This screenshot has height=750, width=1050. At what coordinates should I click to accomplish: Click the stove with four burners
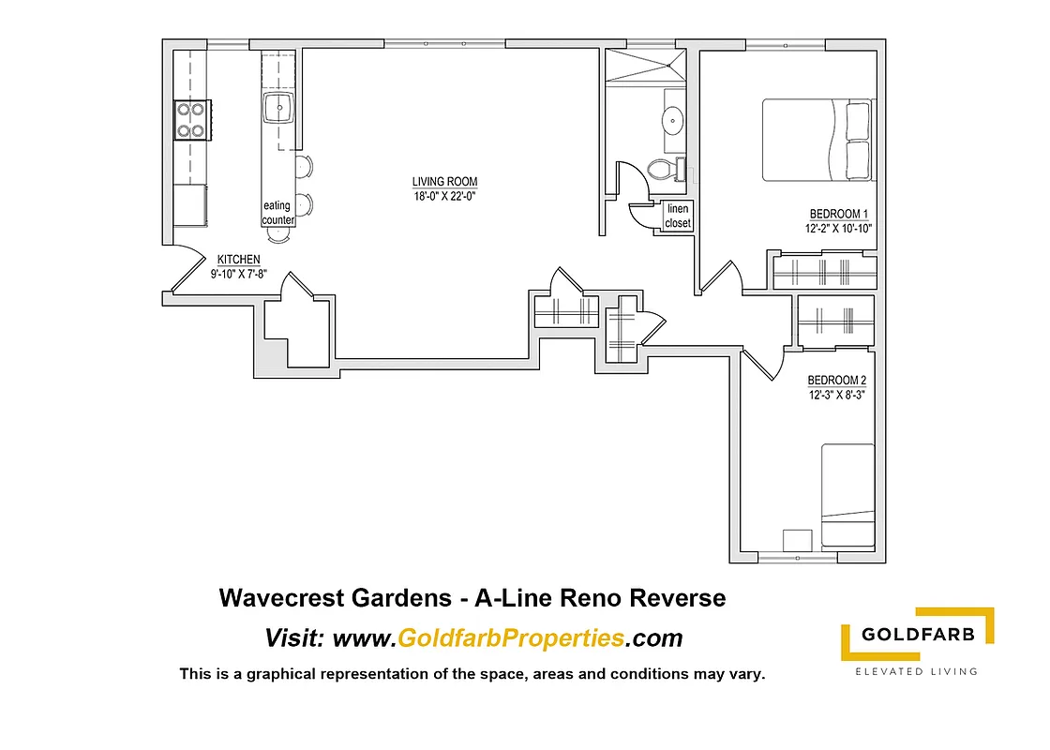click(190, 120)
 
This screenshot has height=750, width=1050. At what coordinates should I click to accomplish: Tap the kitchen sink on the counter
click(279, 109)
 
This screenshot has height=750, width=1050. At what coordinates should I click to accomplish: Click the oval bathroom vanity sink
click(672, 120)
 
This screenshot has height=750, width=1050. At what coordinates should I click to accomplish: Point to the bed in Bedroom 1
click(817, 140)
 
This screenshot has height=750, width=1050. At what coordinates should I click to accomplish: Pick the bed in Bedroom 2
click(847, 497)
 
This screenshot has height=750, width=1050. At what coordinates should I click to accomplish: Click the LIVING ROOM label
click(444, 182)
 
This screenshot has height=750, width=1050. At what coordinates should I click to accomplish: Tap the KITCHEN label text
click(238, 260)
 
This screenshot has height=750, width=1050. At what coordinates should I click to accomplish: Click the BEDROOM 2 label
click(837, 380)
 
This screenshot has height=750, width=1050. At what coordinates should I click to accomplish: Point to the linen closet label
click(678, 216)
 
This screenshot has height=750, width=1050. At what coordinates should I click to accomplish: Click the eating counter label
click(277, 213)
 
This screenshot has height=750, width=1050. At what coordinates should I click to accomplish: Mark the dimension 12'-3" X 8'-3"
click(837, 395)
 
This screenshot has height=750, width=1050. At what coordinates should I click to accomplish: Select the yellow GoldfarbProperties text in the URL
click(511, 638)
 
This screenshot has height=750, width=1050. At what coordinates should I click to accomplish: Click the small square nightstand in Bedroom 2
click(797, 541)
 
